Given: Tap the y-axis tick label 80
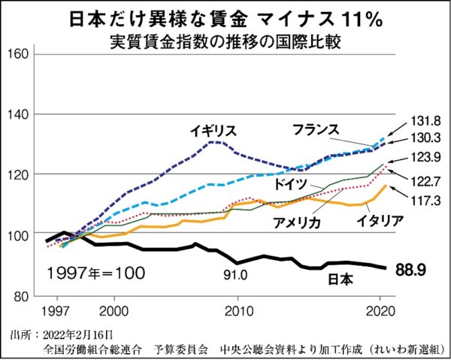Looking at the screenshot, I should click(20, 295).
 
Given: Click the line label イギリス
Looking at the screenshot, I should click(213, 129).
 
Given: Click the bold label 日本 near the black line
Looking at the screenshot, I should click(342, 280).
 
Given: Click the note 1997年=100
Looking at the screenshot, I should click(95, 270).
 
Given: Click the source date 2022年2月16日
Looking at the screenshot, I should click(78, 333).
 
